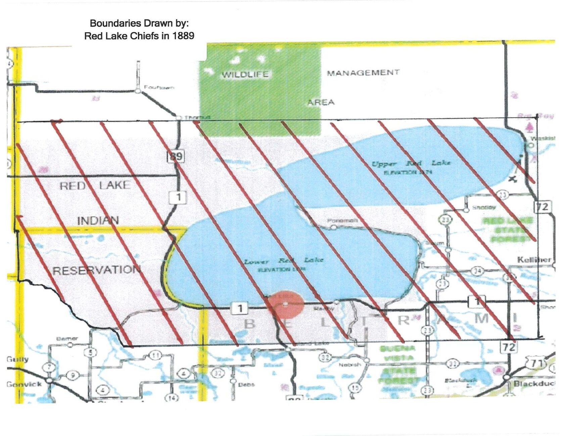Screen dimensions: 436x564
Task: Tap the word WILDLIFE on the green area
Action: (245, 74)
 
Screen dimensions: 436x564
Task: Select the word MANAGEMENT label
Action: (363, 73)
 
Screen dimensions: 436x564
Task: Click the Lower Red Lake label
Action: (284, 261)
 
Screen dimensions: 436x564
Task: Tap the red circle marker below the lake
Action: (286, 304)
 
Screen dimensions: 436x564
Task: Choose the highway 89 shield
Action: (176, 156)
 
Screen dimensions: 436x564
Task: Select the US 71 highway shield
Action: (537, 363)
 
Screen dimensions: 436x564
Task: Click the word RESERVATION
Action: (96, 270)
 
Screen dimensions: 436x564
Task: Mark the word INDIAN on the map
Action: (98, 220)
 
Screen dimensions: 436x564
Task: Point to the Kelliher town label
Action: (534, 260)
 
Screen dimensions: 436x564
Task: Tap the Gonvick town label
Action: (24, 384)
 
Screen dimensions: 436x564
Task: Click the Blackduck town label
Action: (534, 384)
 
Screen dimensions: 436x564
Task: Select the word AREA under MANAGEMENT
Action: (321, 102)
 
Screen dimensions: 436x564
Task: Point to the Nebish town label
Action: (350, 364)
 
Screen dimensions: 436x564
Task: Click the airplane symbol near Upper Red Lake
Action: (512, 179)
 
